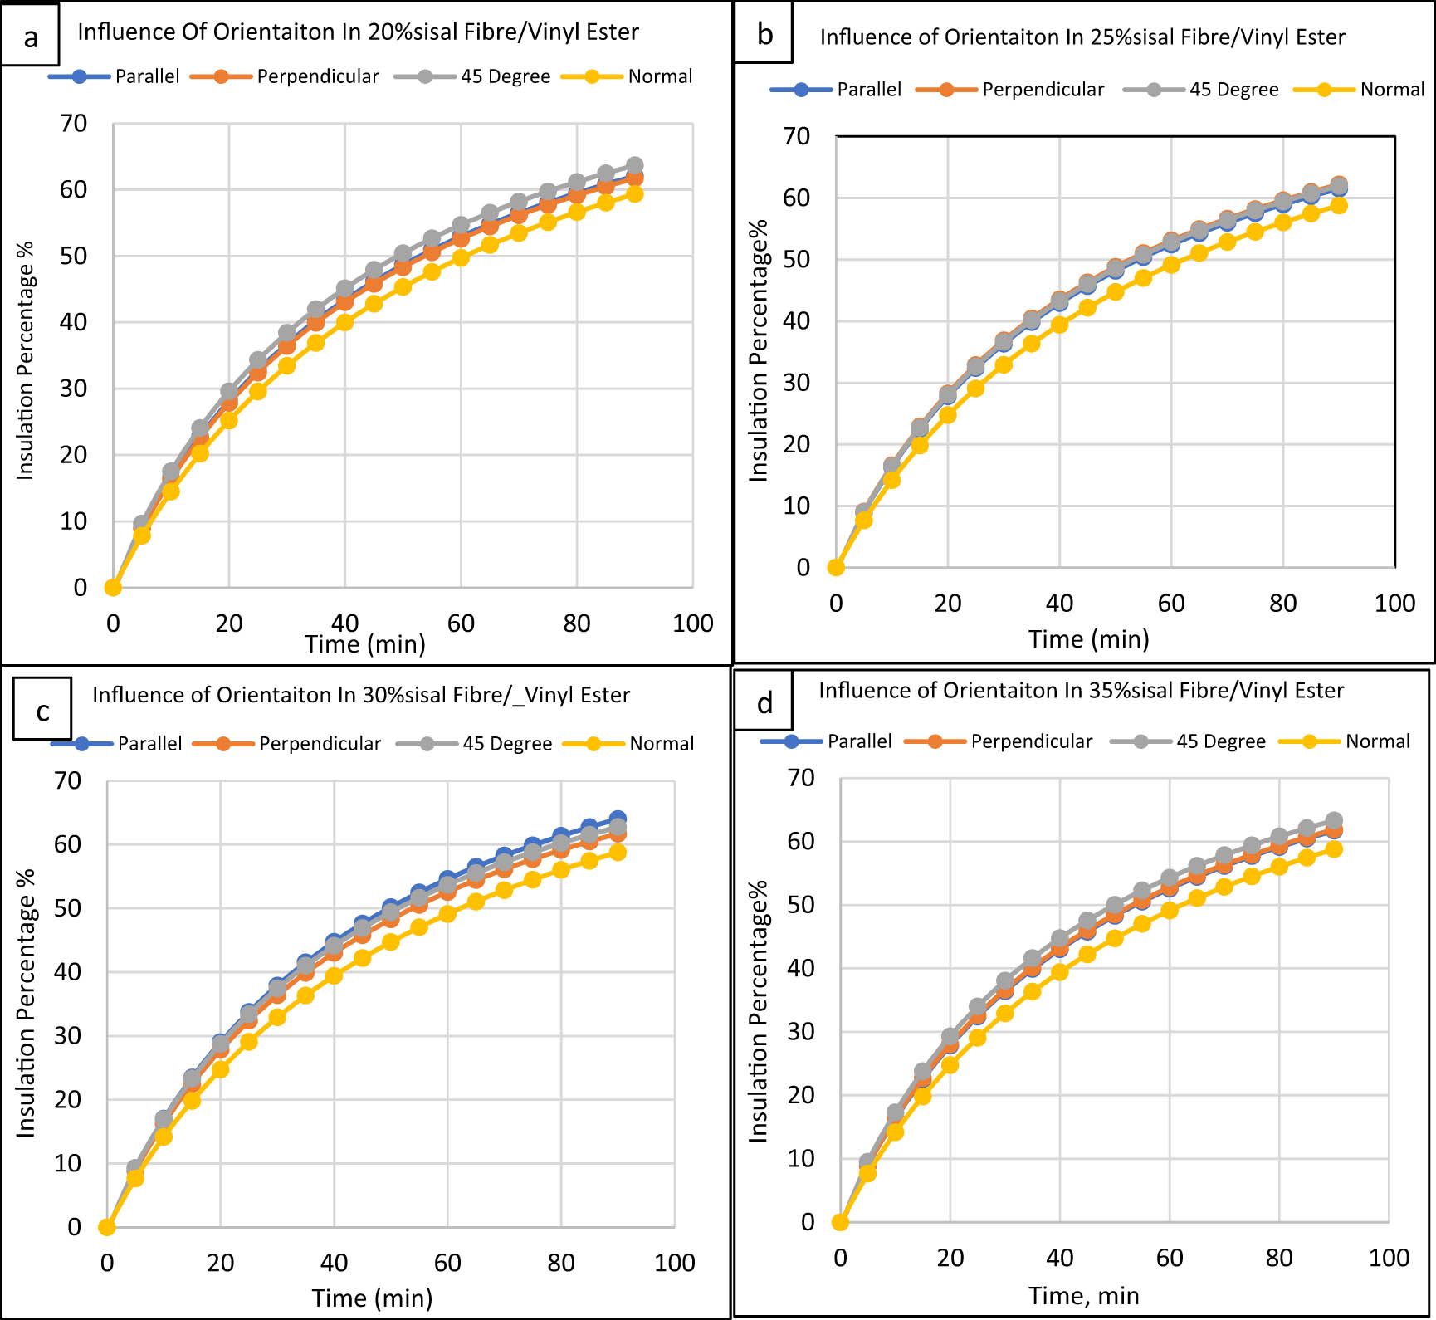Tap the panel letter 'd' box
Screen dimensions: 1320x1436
click(x=764, y=702)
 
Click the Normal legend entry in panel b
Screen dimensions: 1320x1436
click(x=1361, y=90)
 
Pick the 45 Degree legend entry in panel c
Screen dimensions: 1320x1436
click(x=475, y=744)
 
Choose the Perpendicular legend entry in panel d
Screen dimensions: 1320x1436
click(x=999, y=741)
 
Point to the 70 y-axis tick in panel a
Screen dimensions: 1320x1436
click(x=73, y=124)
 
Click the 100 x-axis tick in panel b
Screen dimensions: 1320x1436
click(x=1394, y=604)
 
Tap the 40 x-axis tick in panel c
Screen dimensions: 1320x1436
click(x=334, y=1263)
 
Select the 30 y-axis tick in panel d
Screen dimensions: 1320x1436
click(x=800, y=1032)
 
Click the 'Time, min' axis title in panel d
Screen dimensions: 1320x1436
click(x=1083, y=1296)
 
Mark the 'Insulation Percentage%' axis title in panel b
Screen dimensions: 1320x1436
click(x=759, y=350)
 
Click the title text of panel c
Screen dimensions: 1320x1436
click(x=361, y=695)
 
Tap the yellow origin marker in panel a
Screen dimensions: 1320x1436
click(x=113, y=588)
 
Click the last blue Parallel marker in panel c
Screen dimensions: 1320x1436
click(x=618, y=819)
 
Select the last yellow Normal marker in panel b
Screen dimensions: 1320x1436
click(x=1339, y=205)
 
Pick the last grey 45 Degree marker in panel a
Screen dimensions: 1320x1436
click(x=635, y=165)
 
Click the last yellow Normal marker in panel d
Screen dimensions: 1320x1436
click(x=1334, y=848)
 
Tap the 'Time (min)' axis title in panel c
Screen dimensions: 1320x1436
click(x=372, y=1298)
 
